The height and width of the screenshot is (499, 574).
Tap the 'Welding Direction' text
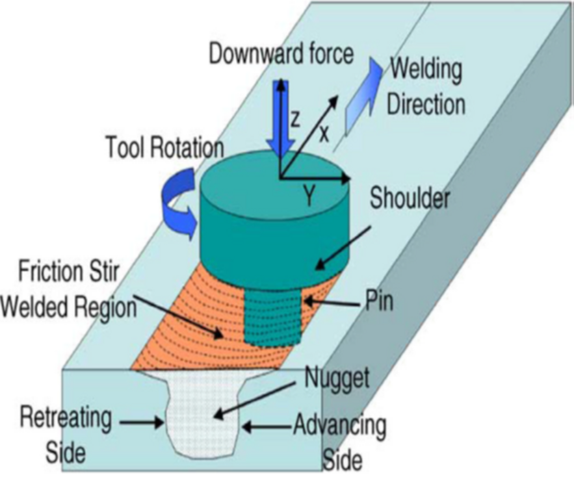pos(426,86)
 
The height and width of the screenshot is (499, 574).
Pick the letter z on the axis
pos(295,119)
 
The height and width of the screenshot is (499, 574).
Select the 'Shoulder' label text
pos(409,199)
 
